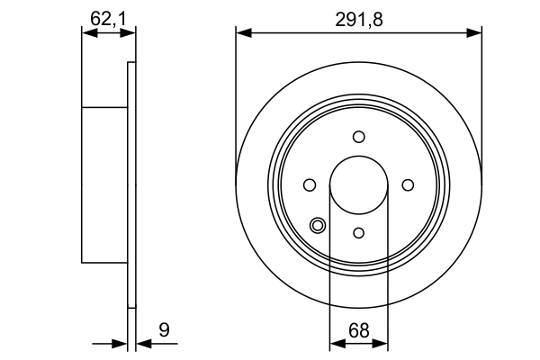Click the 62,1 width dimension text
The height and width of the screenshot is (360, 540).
point(107,15)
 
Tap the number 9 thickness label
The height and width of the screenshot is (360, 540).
point(164,330)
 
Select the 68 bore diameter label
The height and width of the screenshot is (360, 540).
point(358,330)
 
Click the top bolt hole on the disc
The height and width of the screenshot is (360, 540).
point(358,136)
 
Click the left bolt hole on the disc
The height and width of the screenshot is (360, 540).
point(310,184)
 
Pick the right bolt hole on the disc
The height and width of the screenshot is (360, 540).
point(407,184)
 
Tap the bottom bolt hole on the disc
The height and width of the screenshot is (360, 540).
point(358,233)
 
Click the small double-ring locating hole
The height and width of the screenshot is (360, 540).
point(317,225)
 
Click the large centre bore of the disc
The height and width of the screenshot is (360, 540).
point(358,184)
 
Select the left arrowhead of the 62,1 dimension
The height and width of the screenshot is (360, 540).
point(87,33)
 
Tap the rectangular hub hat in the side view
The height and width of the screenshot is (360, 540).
point(104,184)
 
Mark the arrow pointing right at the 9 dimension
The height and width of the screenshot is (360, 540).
point(121,343)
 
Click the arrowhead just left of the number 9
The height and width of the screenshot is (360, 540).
point(143,343)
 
